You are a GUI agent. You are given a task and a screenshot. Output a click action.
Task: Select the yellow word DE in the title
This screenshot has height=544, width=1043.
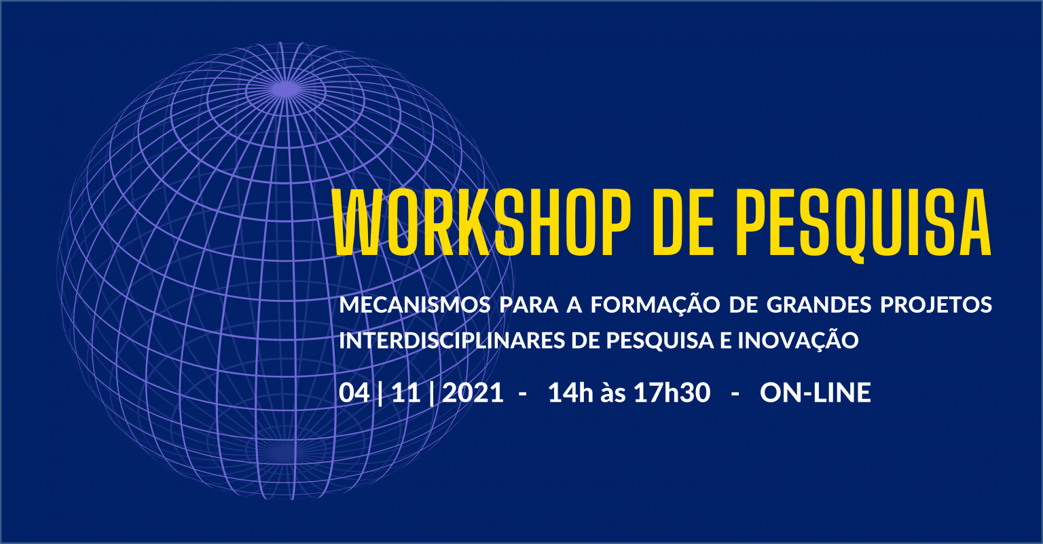(683, 222)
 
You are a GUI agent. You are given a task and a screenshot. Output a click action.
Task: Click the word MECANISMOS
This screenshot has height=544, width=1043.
(414, 305)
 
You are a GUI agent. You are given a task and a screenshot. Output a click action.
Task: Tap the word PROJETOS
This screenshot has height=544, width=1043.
(936, 305)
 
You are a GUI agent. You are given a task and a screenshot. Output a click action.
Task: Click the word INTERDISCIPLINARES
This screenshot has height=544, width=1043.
(452, 341)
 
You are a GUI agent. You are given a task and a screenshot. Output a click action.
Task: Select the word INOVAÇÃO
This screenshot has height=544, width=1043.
(798, 339)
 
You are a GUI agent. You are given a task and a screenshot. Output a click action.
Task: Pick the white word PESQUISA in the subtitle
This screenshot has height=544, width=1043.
(660, 341)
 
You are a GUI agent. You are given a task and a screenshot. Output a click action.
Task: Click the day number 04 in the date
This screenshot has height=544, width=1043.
(354, 393)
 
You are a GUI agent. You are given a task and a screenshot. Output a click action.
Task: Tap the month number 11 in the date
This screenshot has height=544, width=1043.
(405, 393)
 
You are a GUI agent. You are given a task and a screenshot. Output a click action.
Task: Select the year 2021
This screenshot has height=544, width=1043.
(473, 393)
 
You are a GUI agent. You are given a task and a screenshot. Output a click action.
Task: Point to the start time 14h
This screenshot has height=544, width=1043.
(570, 393)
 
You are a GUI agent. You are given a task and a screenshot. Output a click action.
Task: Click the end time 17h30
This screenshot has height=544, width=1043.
(672, 393)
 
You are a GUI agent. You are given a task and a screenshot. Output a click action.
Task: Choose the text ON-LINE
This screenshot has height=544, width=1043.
(816, 393)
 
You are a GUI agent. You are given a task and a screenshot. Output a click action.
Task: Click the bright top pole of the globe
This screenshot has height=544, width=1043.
(285, 88)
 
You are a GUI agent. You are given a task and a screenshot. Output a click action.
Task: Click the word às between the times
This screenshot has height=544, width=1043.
(613, 393)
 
